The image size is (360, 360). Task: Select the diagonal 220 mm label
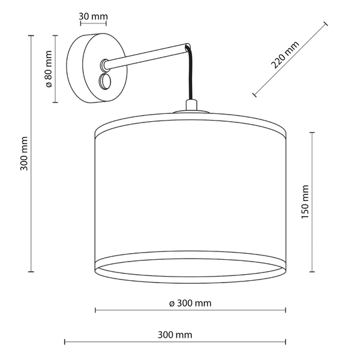[285, 55]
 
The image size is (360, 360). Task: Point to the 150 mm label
[305, 201]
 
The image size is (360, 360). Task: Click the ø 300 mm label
[190, 304]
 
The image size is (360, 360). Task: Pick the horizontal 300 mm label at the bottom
[176, 335]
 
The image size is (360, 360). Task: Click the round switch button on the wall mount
[106, 80]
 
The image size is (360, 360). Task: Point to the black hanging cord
[191, 78]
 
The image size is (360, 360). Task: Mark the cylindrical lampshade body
[190, 198]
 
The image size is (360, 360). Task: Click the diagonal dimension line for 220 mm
[291, 59]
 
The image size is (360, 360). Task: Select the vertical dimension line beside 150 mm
[312, 201]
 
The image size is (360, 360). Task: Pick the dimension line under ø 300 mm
[190, 311]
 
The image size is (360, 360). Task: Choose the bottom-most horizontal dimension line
[176, 342]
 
